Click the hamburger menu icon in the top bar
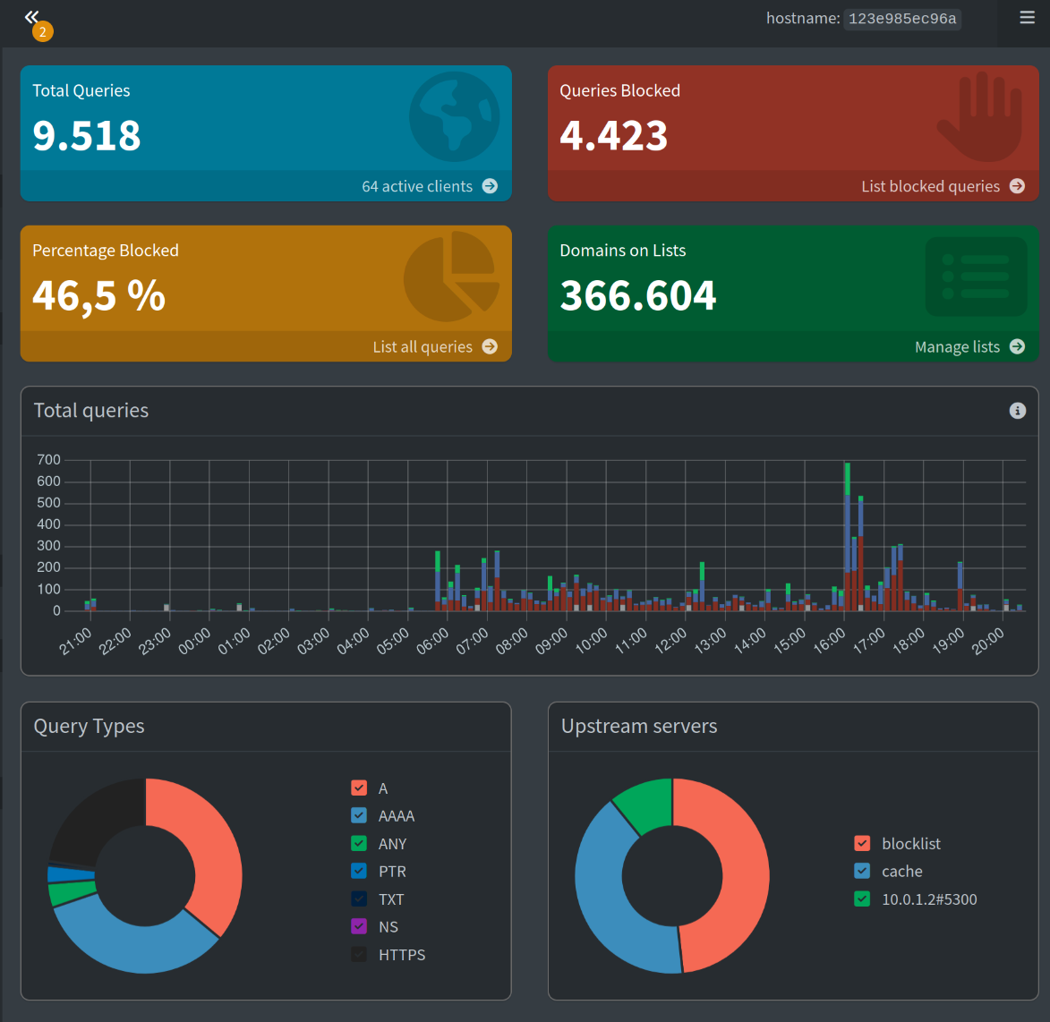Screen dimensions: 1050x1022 [1027, 17]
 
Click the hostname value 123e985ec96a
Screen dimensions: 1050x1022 [902, 19]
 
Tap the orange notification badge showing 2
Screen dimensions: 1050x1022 [43, 31]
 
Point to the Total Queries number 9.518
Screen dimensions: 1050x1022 [87, 135]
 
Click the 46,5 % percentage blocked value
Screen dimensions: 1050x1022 [98, 295]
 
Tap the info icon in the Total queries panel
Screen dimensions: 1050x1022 [1017, 410]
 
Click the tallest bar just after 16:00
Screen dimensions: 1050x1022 [847, 536]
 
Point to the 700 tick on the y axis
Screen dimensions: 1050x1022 [48, 460]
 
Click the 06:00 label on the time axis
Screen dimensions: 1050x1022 [432, 642]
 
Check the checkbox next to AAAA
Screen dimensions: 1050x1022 [359, 815]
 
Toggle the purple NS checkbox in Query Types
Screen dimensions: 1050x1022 [359, 926]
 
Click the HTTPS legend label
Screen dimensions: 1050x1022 [402, 954]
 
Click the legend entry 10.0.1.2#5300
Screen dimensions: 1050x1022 [929, 899]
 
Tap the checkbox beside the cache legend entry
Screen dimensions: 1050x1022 [862, 871]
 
